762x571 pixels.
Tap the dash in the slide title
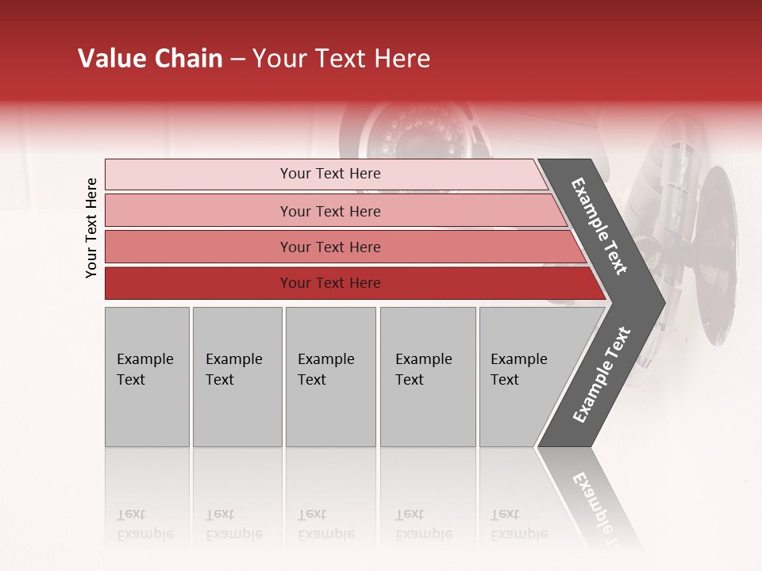pyautogui.click(x=237, y=59)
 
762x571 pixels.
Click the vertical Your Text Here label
pyautogui.click(x=91, y=228)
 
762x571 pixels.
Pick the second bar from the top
pyautogui.click(x=330, y=211)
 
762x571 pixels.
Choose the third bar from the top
pyautogui.click(x=330, y=247)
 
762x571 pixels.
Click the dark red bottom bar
pyautogui.click(x=330, y=283)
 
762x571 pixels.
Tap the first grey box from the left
pyautogui.click(x=147, y=377)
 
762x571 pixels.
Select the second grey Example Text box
pyautogui.click(x=237, y=377)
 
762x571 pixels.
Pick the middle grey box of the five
pyautogui.click(x=330, y=377)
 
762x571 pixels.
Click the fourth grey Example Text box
pyautogui.click(x=427, y=377)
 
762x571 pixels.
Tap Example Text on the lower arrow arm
pyautogui.click(x=602, y=375)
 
